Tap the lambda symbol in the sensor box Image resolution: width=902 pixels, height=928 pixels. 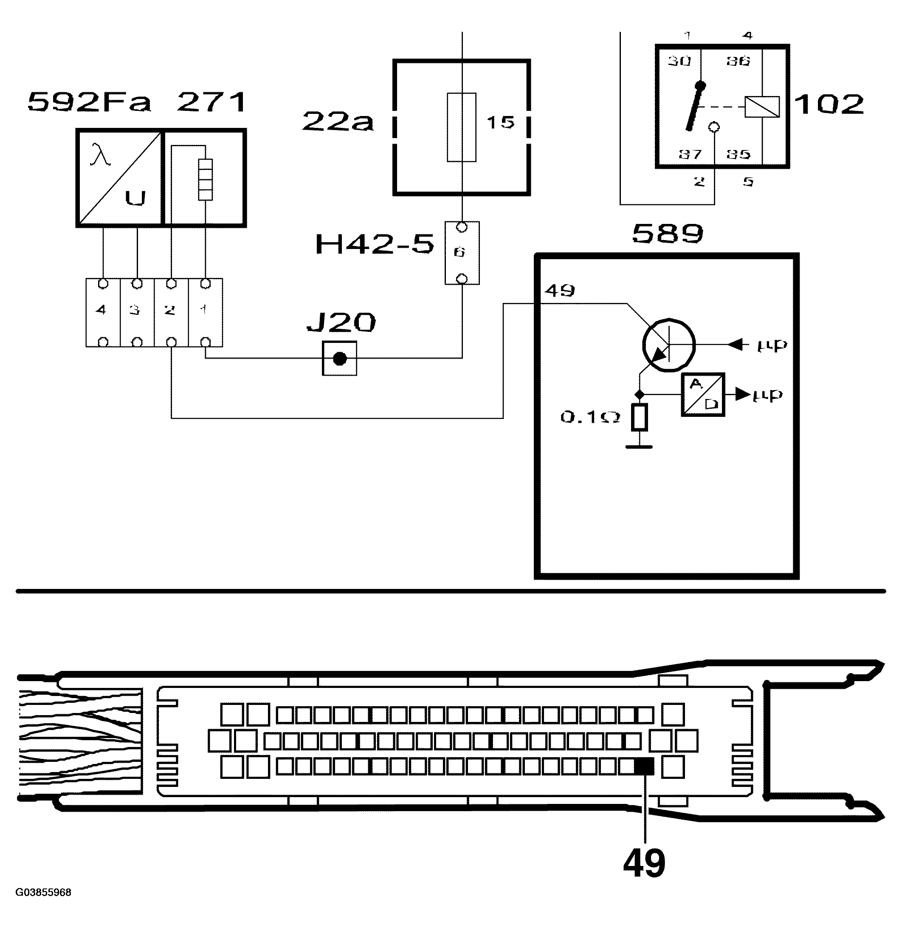point(100,155)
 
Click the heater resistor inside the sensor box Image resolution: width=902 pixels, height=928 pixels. point(205,180)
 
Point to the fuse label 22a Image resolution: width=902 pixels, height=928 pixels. point(337,122)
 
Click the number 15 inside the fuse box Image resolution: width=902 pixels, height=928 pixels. point(500,122)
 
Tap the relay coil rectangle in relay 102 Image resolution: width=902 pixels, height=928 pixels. point(762,107)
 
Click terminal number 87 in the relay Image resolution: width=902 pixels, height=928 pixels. point(690,154)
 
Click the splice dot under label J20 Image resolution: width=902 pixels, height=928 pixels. point(340,359)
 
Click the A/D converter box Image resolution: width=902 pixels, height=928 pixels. point(702,394)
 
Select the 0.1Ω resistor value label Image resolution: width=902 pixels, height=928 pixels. point(590,417)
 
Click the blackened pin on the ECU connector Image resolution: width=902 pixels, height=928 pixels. point(643,767)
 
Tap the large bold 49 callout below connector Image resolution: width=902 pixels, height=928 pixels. point(644,863)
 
